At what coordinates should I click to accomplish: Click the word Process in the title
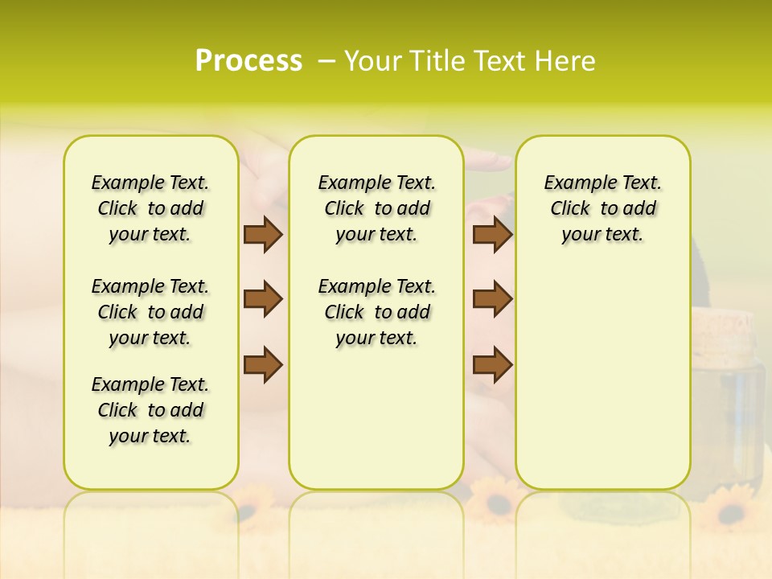pos(248,61)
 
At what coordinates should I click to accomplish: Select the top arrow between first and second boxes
pos(263,234)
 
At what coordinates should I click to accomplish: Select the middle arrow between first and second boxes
pos(263,299)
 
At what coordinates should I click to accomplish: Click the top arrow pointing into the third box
pos(492,234)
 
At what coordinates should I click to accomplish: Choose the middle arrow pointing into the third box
pos(492,299)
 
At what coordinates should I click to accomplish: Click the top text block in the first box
pos(150,208)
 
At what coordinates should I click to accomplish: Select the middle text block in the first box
pos(150,312)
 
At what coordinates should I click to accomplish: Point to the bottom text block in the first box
pos(150,410)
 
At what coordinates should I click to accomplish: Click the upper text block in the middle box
pos(376,208)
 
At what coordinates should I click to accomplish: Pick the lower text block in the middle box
pos(376,312)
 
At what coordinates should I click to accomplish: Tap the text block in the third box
pos(602,208)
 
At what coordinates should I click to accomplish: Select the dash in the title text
pos(326,62)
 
